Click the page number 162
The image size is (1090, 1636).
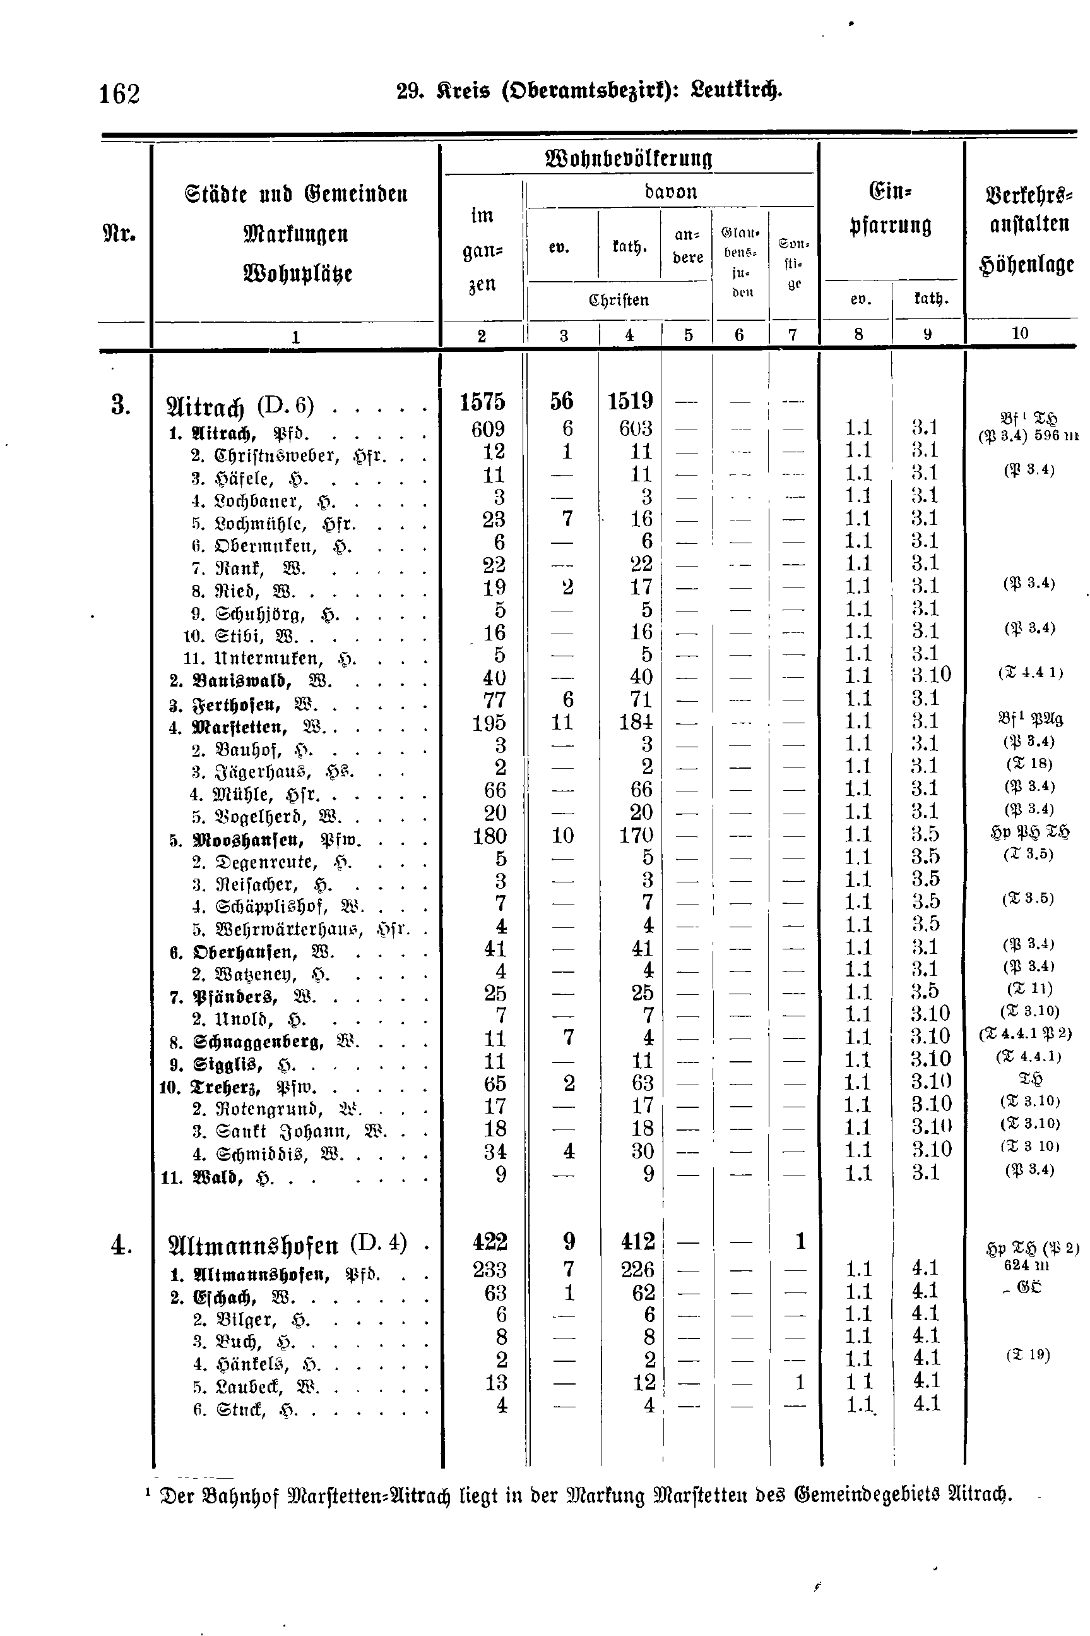(x=119, y=93)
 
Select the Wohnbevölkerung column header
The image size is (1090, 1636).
(x=629, y=159)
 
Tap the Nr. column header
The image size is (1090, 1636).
(x=119, y=233)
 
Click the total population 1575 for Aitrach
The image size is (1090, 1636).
(x=482, y=402)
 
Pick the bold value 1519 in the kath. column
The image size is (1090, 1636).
(x=630, y=401)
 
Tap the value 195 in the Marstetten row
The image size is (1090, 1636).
(x=489, y=723)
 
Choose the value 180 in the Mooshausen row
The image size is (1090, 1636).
(x=489, y=836)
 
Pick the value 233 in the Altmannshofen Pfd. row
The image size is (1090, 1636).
(x=489, y=1270)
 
